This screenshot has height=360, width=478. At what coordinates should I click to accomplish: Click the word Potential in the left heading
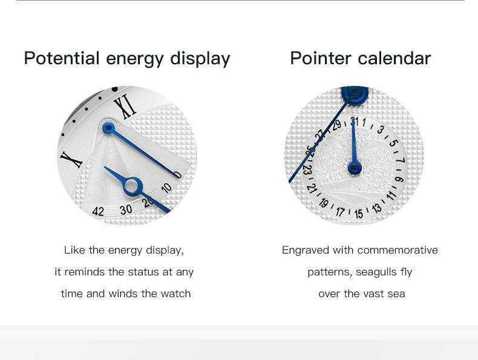pyautogui.click(x=62, y=58)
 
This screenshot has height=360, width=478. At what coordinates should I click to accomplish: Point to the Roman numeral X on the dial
pyautogui.click(x=71, y=159)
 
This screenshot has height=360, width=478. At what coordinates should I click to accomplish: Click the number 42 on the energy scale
pyautogui.click(x=98, y=211)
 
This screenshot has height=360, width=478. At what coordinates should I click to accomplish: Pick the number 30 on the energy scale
pyautogui.click(x=126, y=209)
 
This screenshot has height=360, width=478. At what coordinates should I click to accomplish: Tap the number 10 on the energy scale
pyautogui.click(x=166, y=188)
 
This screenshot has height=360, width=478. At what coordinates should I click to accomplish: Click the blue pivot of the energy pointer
pyautogui.click(x=108, y=128)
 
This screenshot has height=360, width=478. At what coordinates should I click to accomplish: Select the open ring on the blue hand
pyautogui.click(x=133, y=186)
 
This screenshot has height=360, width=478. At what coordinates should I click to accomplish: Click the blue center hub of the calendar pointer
pyautogui.click(x=355, y=168)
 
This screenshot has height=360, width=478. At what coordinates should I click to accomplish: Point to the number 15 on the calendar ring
pyautogui.click(x=359, y=214)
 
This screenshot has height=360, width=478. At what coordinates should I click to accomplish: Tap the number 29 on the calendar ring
pyautogui.click(x=336, y=125)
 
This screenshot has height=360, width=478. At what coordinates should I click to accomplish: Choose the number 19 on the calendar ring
pyautogui.click(x=324, y=203)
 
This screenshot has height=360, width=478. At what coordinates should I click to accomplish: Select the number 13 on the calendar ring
pyautogui.click(x=377, y=209)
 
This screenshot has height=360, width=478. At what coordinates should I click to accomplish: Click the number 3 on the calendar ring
pyautogui.click(x=380, y=129)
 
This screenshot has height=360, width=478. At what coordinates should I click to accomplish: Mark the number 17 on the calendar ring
pyautogui.click(x=340, y=211)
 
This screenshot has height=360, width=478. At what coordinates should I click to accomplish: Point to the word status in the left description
pyautogui.click(x=143, y=272)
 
